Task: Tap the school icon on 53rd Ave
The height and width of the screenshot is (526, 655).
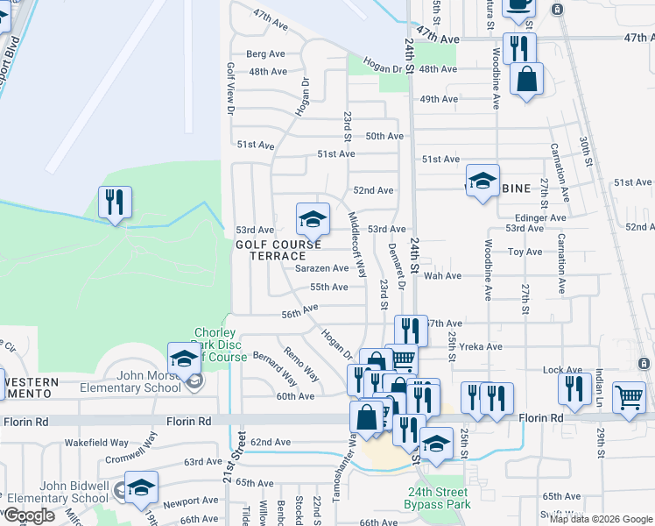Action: click(x=313, y=219)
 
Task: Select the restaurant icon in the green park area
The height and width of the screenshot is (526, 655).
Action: click(x=115, y=203)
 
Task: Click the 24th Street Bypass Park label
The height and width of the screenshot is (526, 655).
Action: click(x=437, y=498)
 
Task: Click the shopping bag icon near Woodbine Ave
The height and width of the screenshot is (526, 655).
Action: click(x=527, y=80)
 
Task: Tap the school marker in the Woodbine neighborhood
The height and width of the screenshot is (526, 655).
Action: click(x=482, y=181)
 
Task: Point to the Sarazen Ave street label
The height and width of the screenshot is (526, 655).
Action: click(x=321, y=268)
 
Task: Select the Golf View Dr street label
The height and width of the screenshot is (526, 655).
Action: click(x=231, y=88)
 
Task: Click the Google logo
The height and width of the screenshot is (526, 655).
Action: click(x=29, y=515)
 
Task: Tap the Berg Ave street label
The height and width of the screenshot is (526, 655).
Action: click(x=266, y=53)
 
